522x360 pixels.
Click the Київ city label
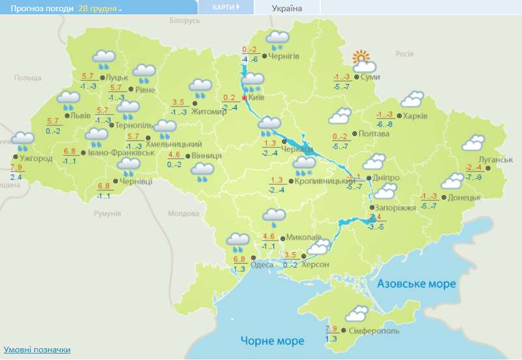coord(256,98)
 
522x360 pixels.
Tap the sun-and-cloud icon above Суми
coord(362,62)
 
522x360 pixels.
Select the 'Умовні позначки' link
coord(37,350)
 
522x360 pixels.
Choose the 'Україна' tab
coord(286,8)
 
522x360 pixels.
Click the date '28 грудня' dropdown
coord(100,8)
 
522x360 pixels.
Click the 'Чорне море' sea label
coord(273,340)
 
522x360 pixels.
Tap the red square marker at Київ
coord(245,98)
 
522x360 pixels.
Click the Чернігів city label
coord(284,56)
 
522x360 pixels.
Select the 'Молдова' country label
coord(183,213)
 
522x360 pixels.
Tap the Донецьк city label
coord(465,197)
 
